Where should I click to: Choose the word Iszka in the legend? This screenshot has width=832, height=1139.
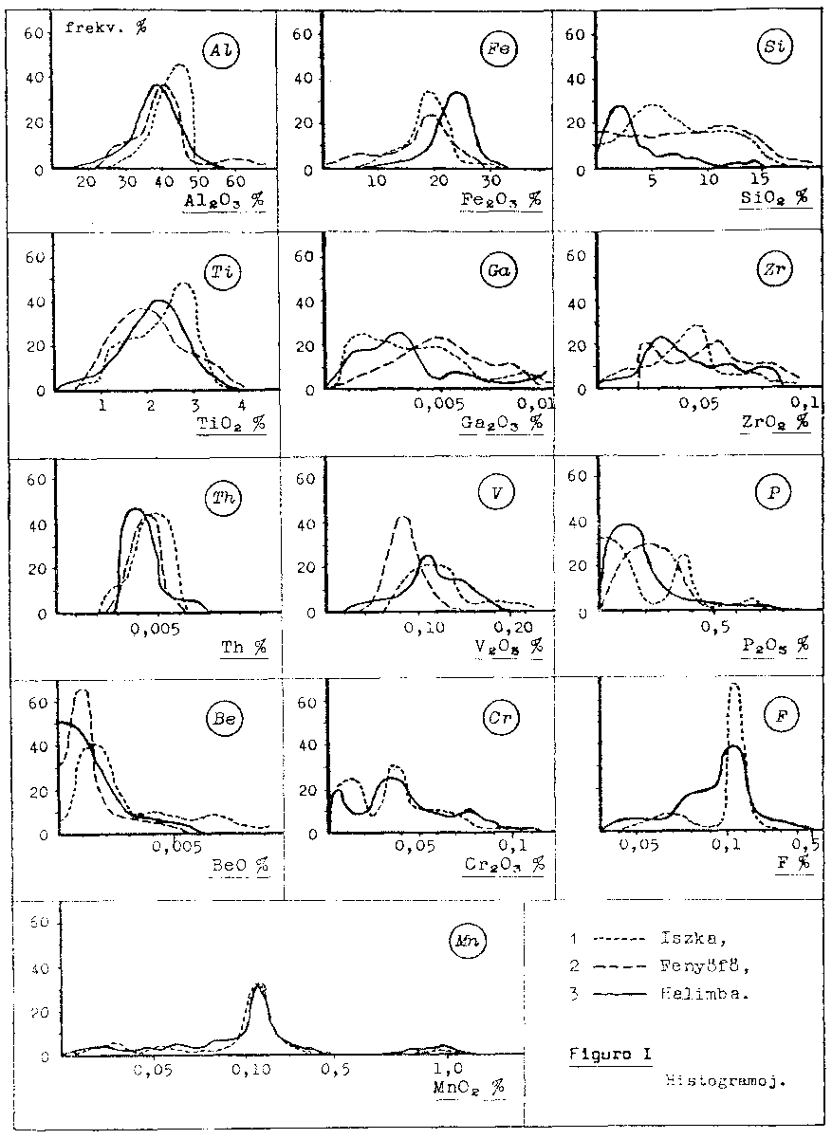(679, 940)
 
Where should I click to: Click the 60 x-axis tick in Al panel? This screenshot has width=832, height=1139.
(234, 182)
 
